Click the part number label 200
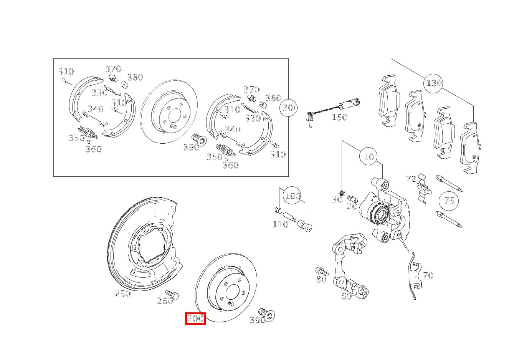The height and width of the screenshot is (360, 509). coord(195,319)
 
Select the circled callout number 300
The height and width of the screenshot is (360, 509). coord(290,108)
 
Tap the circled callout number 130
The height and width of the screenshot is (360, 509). coord(434,83)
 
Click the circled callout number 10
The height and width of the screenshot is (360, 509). coord(369,156)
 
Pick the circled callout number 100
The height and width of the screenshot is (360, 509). coord(293,196)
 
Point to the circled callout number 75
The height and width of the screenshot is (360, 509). coord(449,201)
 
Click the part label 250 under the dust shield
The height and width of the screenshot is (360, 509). coord(123,294)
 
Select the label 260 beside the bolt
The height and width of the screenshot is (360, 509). coord(165,301)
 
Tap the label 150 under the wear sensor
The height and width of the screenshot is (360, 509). coord(339,117)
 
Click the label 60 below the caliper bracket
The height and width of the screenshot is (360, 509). coord(346,296)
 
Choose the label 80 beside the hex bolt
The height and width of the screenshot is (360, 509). coord(321,279)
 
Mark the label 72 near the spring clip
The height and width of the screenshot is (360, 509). coord(411,179)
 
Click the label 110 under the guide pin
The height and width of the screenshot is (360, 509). coord(280,224)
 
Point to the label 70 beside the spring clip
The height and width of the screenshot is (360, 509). coord(428,275)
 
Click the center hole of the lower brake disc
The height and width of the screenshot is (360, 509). coord(232,292)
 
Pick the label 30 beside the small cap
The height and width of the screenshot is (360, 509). coord(337,200)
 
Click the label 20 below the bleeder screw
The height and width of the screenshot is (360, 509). coord(352,206)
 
